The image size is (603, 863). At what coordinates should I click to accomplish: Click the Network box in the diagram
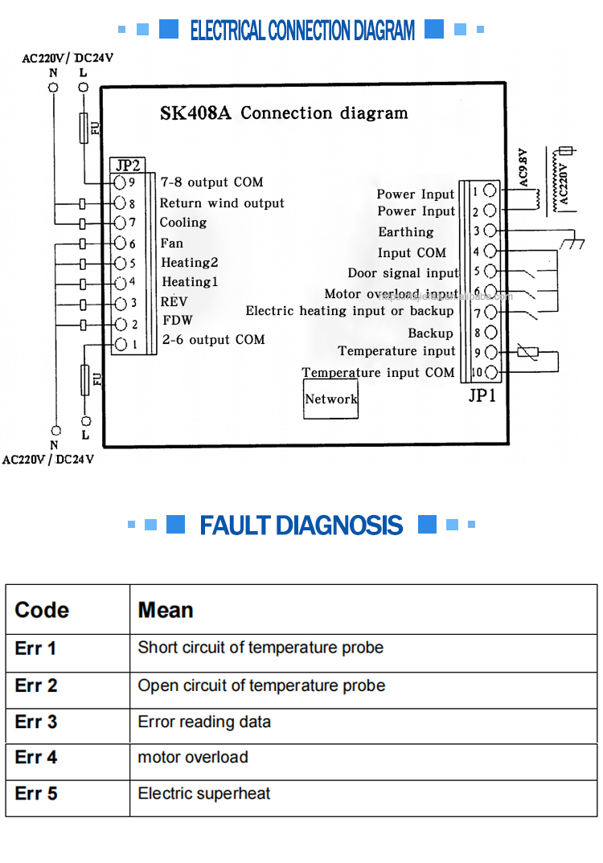click(330, 399)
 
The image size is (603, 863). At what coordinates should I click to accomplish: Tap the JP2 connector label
click(127, 166)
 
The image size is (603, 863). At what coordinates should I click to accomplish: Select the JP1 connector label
click(482, 395)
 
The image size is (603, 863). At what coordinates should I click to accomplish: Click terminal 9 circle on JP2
click(121, 183)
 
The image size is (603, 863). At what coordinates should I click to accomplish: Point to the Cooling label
click(183, 223)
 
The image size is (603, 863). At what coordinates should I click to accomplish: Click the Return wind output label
click(222, 203)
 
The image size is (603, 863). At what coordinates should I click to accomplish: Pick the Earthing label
click(406, 232)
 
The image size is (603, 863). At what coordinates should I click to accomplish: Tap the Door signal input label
click(403, 273)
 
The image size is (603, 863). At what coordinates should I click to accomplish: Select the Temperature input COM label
click(378, 373)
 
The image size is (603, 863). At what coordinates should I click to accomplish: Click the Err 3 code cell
click(36, 722)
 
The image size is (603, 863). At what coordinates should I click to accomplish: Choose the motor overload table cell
click(193, 757)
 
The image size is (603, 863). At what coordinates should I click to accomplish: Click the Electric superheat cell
click(204, 794)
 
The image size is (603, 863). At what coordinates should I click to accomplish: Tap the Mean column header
click(166, 610)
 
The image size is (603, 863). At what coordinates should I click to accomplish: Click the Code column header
click(42, 610)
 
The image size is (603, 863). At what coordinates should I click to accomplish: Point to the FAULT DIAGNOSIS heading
click(301, 526)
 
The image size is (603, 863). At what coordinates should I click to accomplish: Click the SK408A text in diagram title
click(195, 113)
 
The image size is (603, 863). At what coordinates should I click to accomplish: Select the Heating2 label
click(190, 263)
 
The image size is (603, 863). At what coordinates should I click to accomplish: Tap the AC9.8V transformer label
click(523, 167)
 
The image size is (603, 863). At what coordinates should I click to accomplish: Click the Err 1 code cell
click(36, 648)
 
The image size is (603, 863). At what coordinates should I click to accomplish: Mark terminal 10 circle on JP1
click(490, 372)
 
